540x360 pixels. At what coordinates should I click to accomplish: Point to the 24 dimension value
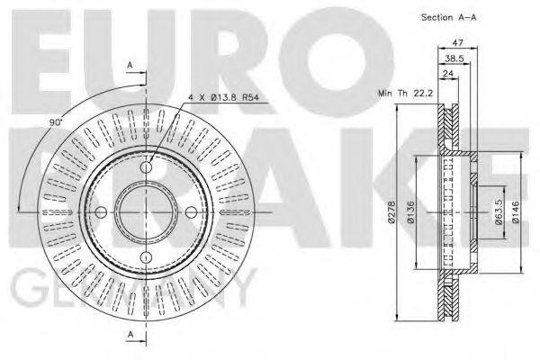446,74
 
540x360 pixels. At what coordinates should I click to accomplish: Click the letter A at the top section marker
130,66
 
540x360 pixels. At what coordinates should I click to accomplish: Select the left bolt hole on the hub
101,212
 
